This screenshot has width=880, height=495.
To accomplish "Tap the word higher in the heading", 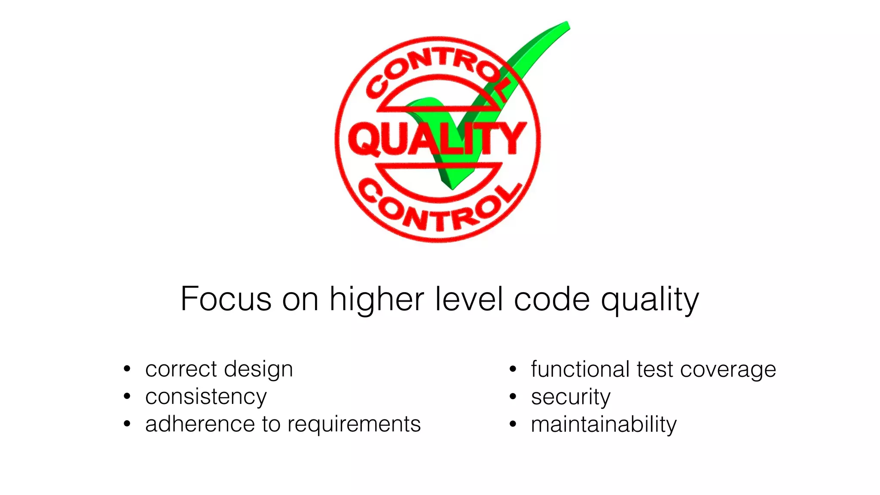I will [377, 299].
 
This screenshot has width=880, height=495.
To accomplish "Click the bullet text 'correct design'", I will [219, 369].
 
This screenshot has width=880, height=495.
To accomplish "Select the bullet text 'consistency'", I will [206, 397].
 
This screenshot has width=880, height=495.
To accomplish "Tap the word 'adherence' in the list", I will [200, 424].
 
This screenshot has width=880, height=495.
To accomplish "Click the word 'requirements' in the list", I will [354, 425].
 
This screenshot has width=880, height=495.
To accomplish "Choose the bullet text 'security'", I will [570, 397].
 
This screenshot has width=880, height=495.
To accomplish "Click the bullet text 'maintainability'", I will [603, 425].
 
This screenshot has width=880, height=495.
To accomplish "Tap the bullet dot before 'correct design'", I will [127, 369].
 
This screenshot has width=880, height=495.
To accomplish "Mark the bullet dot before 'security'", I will [513, 397].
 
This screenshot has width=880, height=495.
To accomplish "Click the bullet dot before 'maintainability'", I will [513, 424].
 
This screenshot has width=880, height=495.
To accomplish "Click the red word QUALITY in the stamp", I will [437, 138].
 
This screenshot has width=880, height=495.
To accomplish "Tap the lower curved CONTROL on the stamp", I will [438, 211].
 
